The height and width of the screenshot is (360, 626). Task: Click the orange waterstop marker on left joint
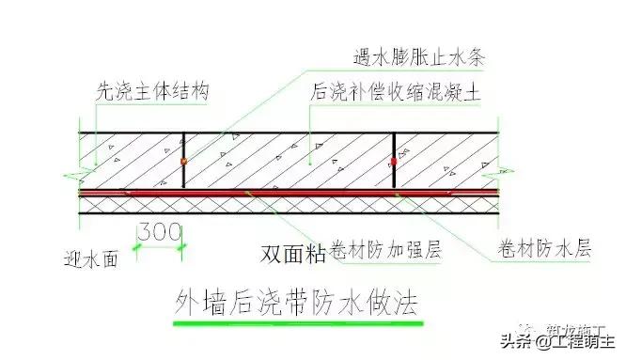[x=182, y=162]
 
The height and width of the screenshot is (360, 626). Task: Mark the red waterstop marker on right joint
[x=393, y=163]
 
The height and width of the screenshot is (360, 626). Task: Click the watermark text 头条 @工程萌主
[x=535, y=341]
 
